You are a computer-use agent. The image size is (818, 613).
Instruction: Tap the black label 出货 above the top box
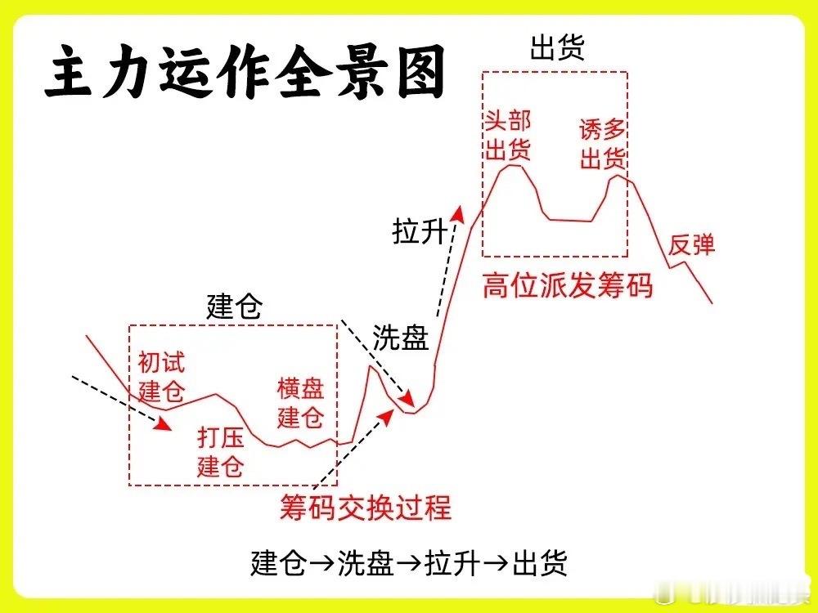[556, 48]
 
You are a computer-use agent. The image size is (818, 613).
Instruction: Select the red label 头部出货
[508, 136]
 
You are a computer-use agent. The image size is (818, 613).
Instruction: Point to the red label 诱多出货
[603, 144]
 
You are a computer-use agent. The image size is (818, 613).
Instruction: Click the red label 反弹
[692, 244]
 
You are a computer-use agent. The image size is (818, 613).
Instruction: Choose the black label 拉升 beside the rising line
[420, 233]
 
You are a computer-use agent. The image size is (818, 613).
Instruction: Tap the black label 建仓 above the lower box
[234, 308]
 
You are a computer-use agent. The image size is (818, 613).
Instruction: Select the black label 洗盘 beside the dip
[401, 338]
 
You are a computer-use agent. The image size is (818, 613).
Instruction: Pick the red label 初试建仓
[161, 375]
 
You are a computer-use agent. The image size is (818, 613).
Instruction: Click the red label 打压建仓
[221, 452]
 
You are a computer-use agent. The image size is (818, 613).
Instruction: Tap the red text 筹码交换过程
[365, 507]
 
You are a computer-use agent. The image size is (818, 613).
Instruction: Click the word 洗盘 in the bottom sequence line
[366, 564]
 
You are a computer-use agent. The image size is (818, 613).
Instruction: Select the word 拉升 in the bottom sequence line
[452, 564]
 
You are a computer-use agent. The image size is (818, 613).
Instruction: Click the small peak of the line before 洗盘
[369, 367]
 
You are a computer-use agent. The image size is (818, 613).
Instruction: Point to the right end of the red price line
[712, 302]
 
